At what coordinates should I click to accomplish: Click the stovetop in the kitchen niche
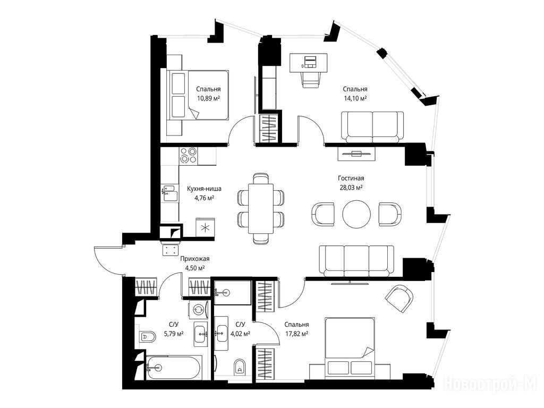[188, 155]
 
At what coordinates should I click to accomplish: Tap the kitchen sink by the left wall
[169, 193]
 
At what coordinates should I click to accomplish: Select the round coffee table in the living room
[356, 214]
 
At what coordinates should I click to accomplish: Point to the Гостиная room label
[351, 178]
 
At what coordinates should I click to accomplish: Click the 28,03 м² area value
[351, 188]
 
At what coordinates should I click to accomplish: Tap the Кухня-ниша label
[204, 189]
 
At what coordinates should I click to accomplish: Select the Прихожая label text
[194, 259]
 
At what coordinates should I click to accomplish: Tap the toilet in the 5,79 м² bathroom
[148, 336]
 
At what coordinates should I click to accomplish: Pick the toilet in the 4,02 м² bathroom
[239, 367]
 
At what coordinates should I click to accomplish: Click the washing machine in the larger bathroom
[199, 309]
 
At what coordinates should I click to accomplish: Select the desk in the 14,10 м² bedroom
[309, 63]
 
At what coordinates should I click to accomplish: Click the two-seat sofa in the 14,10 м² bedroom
[372, 127]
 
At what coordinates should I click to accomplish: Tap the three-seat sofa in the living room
[356, 261]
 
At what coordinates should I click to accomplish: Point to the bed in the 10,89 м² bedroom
[199, 95]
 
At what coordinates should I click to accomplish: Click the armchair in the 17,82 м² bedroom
[399, 299]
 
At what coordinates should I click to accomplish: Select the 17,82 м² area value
[296, 334]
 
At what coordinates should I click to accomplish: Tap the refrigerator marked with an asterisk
[205, 227]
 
